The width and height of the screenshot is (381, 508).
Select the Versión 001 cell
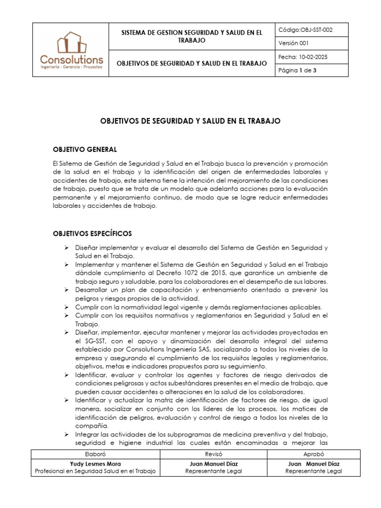(294, 43)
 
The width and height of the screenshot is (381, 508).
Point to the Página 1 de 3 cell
(298, 71)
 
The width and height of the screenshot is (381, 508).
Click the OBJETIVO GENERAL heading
(85, 149)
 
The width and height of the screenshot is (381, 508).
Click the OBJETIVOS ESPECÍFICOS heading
(92, 233)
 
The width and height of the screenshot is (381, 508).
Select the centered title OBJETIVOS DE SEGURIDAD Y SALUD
(190, 121)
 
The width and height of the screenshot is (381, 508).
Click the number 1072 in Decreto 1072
(192, 273)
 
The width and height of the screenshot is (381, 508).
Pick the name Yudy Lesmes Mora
(95, 464)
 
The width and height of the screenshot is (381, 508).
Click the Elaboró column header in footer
(95, 454)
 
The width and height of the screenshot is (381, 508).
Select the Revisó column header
(213, 454)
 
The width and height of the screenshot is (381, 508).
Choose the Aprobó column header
(314, 454)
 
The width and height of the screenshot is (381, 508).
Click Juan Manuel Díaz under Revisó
(213, 464)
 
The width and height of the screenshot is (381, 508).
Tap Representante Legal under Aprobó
(314, 472)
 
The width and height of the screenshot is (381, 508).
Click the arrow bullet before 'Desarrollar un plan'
(66, 290)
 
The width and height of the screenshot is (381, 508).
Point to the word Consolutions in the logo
(71, 60)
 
